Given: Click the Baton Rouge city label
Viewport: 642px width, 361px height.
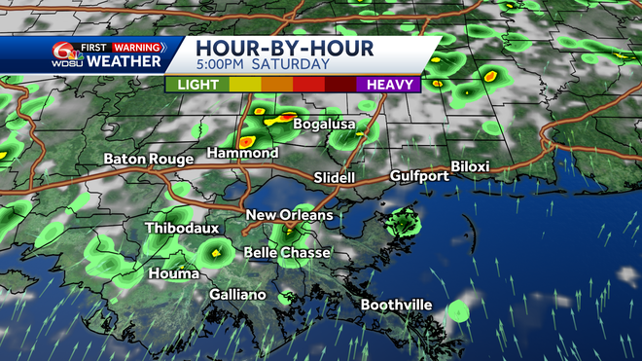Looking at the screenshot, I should point(147,159).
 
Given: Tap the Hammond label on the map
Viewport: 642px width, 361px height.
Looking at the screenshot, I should point(243,154).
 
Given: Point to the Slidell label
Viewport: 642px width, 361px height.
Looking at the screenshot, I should point(337,177).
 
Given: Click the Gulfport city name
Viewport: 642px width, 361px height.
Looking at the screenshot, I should point(419,176).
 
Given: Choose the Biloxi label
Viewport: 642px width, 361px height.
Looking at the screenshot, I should point(470,166).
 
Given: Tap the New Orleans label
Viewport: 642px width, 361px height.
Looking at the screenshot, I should point(289,215).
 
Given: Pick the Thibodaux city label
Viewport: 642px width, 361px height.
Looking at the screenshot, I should point(182,229).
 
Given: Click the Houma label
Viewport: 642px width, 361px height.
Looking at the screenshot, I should point(173,274).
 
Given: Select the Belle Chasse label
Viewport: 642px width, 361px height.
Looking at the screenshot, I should point(286,253).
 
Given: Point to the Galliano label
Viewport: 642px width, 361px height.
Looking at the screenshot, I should point(237,295).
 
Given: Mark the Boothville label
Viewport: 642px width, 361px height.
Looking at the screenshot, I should point(396,306).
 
